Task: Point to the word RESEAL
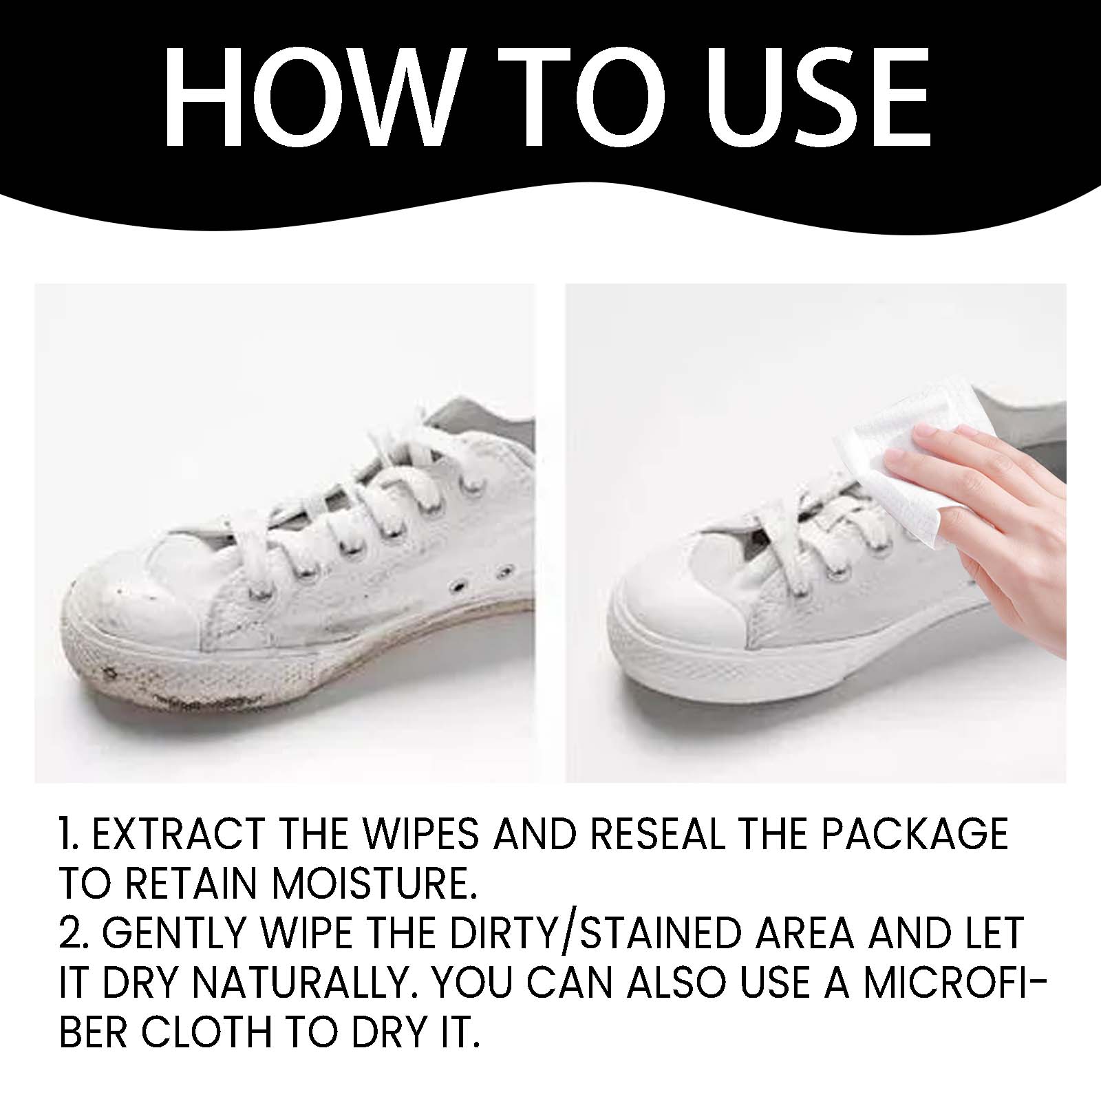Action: click(658, 834)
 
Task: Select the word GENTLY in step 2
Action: click(175, 934)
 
